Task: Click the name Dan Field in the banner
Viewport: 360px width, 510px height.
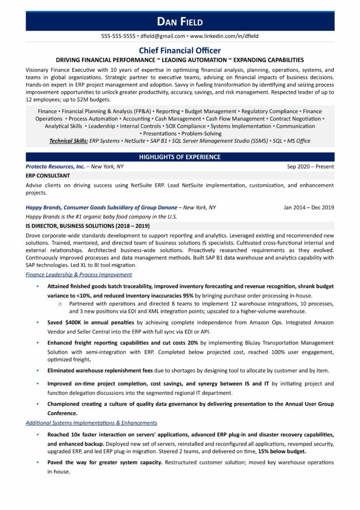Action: click(180, 22)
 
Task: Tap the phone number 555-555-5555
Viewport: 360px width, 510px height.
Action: click(118, 36)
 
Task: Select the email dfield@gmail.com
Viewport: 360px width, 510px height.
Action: click(163, 36)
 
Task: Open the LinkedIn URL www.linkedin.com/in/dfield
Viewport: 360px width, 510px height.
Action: click(224, 36)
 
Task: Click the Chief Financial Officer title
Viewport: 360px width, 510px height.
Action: click(180, 50)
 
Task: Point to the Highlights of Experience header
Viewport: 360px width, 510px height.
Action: click(180, 157)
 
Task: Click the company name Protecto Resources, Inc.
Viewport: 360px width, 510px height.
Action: click(55, 167)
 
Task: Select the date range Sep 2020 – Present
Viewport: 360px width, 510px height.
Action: click(310, 167)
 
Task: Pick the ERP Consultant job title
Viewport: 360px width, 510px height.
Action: click(48, 175)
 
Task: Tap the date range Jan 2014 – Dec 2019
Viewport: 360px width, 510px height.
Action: click(309, 207)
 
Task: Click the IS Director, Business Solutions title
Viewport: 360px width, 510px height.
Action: click(88, 226)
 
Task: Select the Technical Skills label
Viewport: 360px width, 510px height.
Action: click(68, 141)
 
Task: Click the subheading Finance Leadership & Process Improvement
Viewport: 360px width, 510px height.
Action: click(79, 274)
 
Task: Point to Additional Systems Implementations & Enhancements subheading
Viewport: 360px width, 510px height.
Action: click(91, 423)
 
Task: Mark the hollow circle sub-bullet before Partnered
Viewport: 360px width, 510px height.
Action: click(60, 304)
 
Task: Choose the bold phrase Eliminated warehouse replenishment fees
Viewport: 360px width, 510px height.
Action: click(100, 371)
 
